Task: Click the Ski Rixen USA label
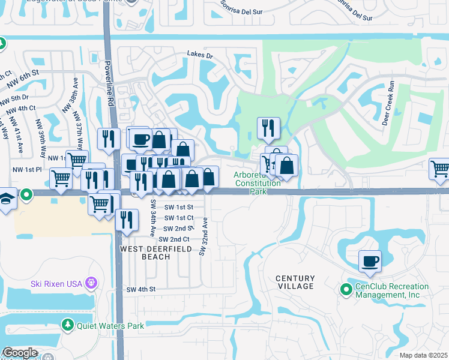click(x=56, y=282)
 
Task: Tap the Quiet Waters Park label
click(x=110, y=326)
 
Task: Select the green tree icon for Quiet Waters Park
click(x=68, y=325)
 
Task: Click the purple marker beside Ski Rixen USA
click(x=91, y=282)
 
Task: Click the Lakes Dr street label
click(x=200, y=55)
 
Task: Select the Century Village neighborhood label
click(x=295, y=282)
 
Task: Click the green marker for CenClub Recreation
click(x=346, y=290)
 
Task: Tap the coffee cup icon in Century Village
click(x=370, y=261)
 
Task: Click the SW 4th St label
click(x=141, y=289)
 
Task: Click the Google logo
click(x=20, y=353)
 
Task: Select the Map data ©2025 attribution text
click(x=423, y=355)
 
